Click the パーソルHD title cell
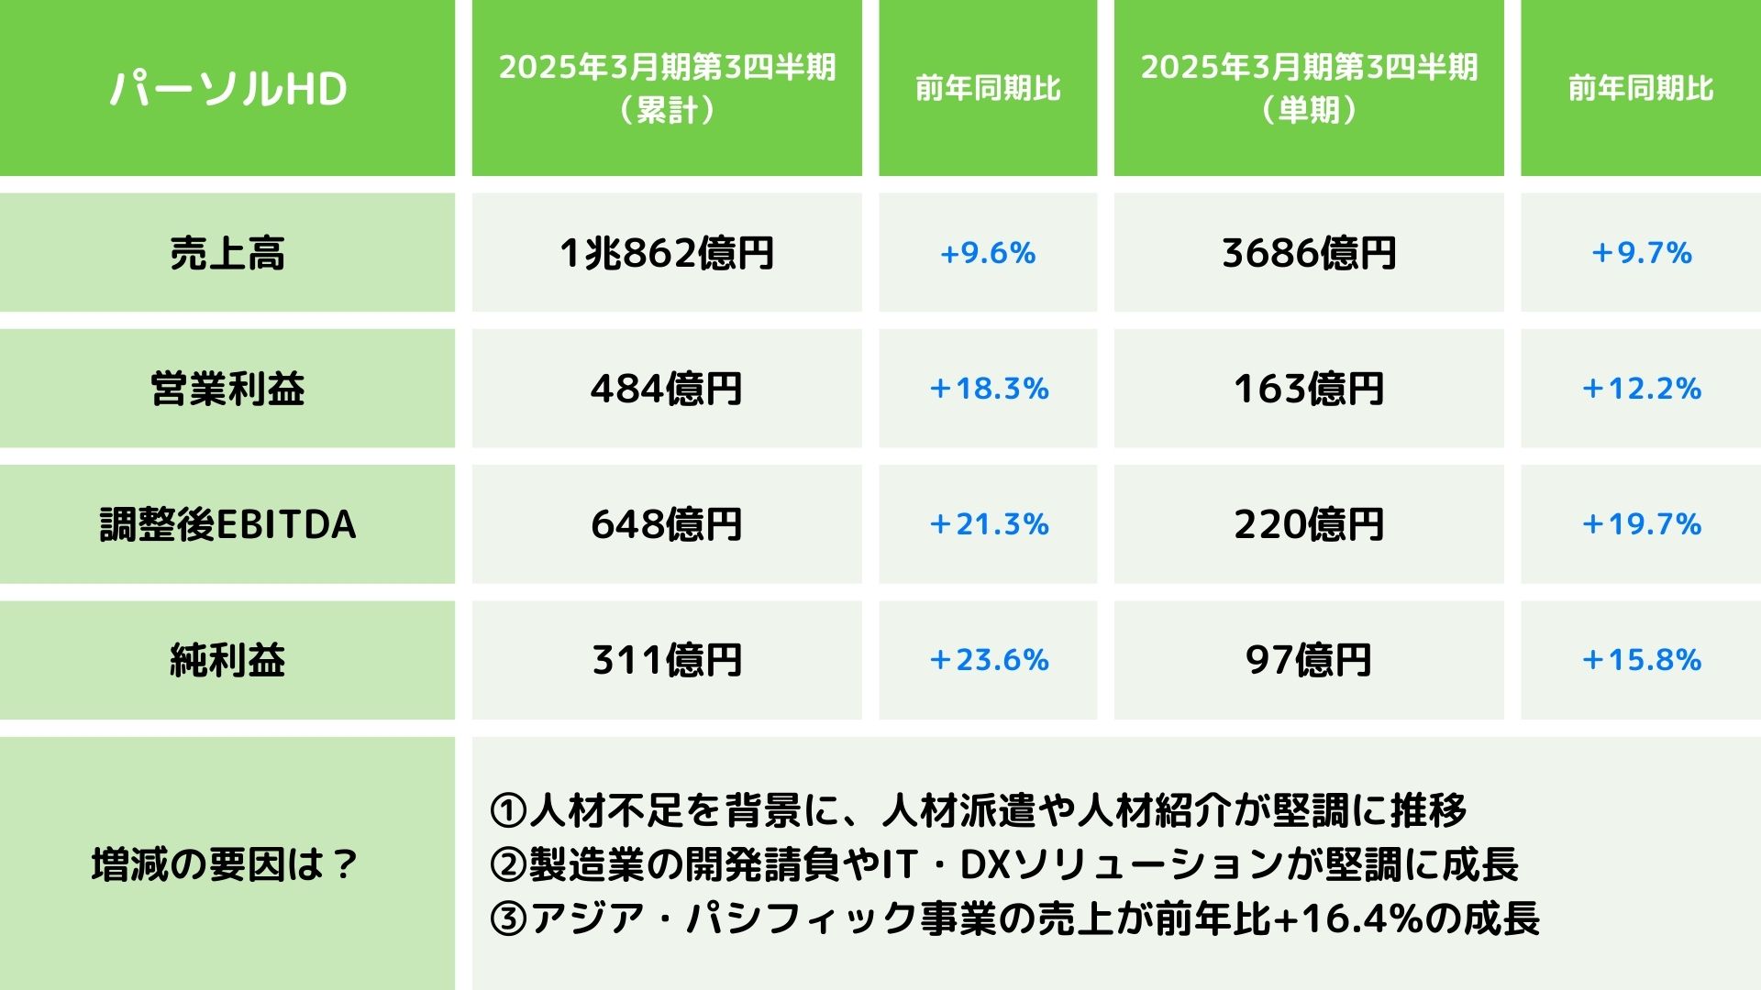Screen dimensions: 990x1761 click(227, 88)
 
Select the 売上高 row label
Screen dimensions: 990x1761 click(227, 253)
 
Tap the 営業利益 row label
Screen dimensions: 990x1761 click(227, 389)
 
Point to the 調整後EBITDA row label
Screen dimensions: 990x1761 click(227, 524)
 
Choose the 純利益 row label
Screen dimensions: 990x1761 click(227, 660)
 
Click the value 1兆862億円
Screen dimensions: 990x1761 click(667, 253)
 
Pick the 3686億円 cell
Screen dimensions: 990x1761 click(1309, 253)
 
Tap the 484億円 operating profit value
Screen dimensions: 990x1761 click(667, 389)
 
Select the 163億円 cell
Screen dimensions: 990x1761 click(1309, 389)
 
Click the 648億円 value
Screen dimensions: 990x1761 click(667, 524)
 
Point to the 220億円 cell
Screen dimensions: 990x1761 click(1309, 524)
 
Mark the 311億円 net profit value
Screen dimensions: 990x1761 click(667, 660)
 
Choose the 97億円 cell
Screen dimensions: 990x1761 click(1309, 660)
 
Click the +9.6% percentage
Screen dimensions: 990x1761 click(988, 253)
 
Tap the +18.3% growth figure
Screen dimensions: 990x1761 click(988, 389)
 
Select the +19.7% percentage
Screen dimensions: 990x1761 click(1641, 524)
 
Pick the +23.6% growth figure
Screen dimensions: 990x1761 click(988, 660)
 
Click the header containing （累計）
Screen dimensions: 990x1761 click(667, 88)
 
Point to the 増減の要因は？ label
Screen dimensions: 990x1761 click(226, 864)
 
